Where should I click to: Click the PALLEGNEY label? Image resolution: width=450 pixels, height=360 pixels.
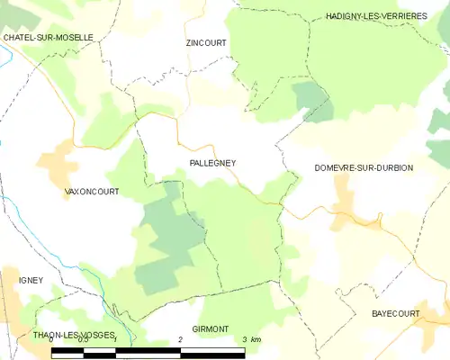point(212,163)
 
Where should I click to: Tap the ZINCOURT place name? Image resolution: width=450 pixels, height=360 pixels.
point(206,42)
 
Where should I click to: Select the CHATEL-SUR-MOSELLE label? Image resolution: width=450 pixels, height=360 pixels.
point(49,38)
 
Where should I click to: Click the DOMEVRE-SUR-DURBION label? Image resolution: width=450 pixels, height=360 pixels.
point(364,168)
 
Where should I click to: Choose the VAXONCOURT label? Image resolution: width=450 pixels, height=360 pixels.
point(93,192)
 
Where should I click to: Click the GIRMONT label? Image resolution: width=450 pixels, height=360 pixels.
point(212,330)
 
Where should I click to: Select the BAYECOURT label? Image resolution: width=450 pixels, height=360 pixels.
point(396,313)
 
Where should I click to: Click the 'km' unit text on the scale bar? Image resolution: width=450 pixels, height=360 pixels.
point(256,339)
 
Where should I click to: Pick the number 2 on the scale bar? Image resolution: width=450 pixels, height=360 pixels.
point(181,339)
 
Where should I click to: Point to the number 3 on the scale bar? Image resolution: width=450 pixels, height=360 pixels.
point(245,339)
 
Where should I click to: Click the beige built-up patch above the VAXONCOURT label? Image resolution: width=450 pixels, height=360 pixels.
point(58,163)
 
